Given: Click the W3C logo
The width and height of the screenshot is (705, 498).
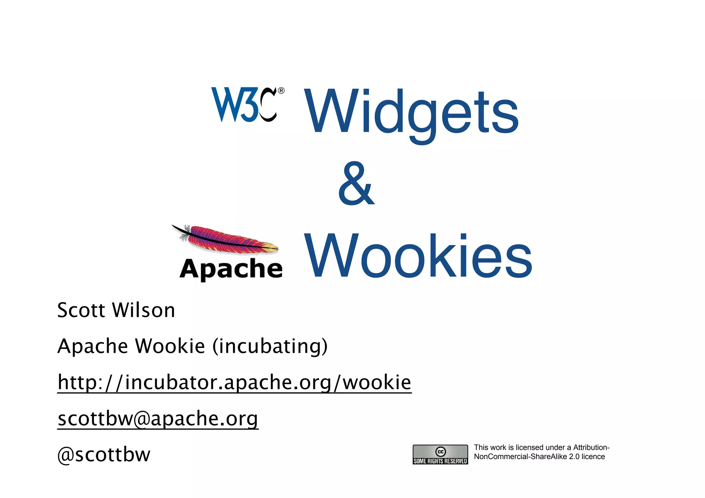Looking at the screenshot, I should pos(244,105).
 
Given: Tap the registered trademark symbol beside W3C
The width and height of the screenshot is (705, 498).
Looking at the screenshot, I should pos(281,91).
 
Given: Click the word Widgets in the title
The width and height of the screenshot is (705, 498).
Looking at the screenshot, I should pos(411,112).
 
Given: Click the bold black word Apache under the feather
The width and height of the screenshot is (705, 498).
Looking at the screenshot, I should pos(231,269).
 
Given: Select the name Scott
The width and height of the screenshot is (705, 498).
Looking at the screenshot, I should pos(81,310).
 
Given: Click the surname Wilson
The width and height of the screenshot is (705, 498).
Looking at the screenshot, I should pos(144,310).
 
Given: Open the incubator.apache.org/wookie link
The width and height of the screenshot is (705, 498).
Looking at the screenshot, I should pos(234,382).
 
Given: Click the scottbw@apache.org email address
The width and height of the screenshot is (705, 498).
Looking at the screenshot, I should pos(158,418).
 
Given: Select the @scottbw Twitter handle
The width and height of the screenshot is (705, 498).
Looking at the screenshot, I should pos(104,455).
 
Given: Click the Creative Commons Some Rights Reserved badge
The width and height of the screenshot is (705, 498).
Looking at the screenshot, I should pos(440,455).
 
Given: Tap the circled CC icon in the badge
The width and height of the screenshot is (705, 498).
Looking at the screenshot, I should pos(441,451).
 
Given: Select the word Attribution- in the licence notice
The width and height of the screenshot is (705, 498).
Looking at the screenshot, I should pos(591,447).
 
